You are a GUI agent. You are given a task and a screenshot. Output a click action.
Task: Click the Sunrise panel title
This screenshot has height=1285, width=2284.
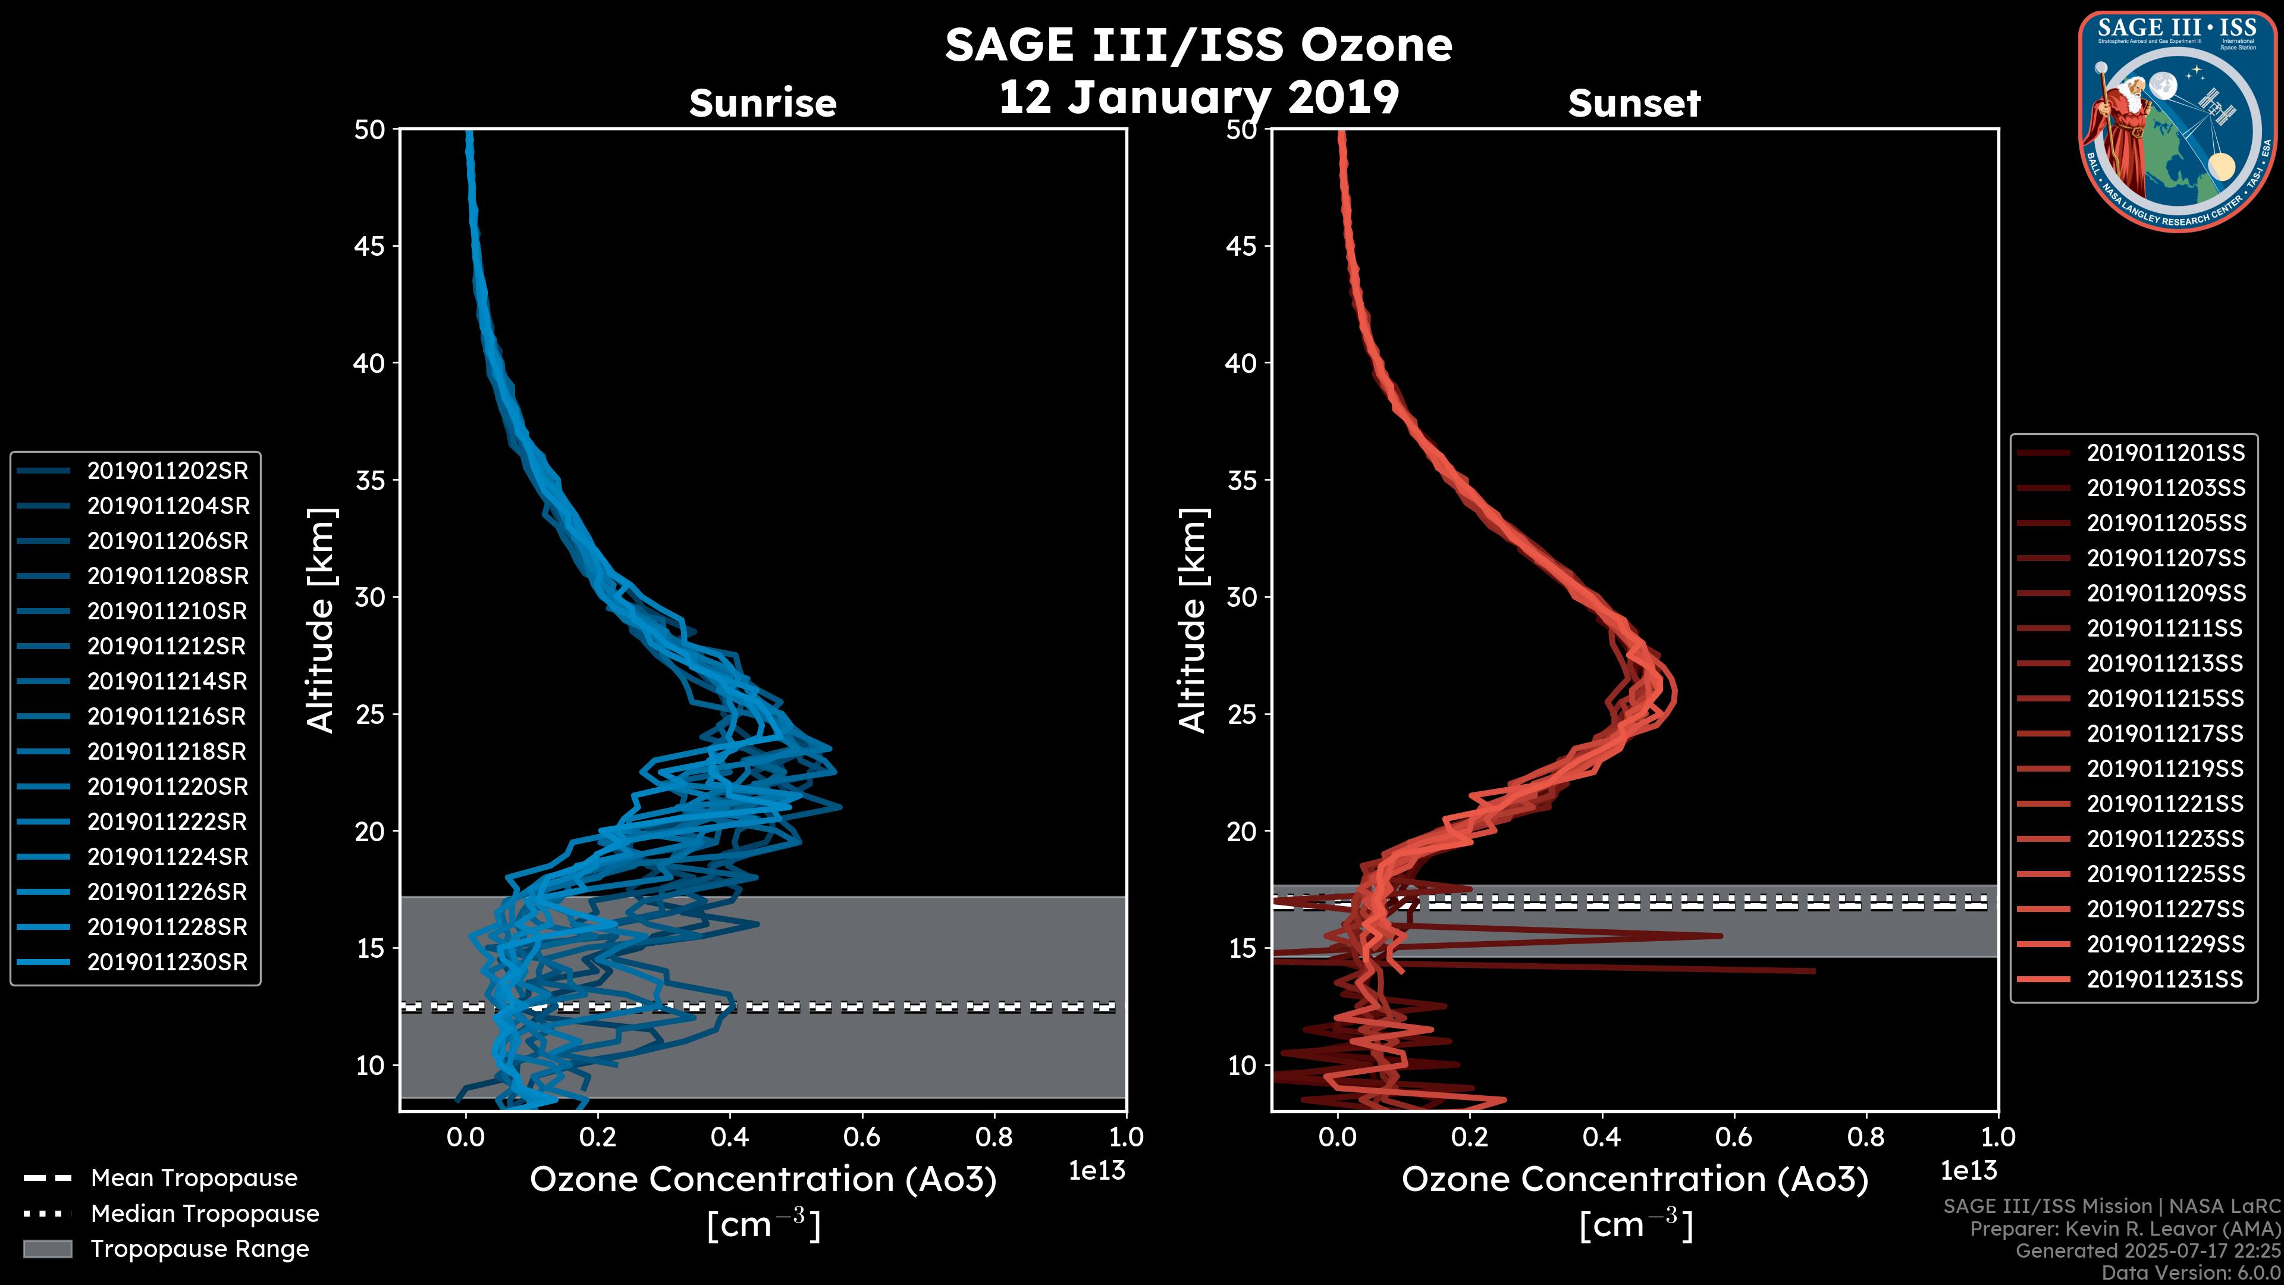(763, 104)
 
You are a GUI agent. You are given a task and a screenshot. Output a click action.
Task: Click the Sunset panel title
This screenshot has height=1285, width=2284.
(1633, 104)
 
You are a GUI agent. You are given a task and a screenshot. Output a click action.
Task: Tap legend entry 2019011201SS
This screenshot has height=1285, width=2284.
(2165, 453)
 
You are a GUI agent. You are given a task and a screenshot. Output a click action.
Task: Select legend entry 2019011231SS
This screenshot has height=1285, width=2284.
(2165, 979)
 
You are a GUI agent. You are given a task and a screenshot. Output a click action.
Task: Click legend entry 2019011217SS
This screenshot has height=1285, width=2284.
(2165, 734)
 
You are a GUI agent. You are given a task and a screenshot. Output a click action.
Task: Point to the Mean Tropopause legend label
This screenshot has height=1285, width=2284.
(194, 1178)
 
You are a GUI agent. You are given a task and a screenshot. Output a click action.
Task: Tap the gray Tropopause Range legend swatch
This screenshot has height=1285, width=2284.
(47, 1249)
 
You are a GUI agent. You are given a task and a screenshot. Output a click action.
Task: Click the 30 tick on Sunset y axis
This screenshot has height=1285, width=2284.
(1241, 597)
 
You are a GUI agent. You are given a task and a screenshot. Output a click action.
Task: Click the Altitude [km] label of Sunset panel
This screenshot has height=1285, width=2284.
(1193, 620)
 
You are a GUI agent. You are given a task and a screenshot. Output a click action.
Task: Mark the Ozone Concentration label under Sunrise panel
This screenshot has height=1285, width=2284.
(763, 1180)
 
